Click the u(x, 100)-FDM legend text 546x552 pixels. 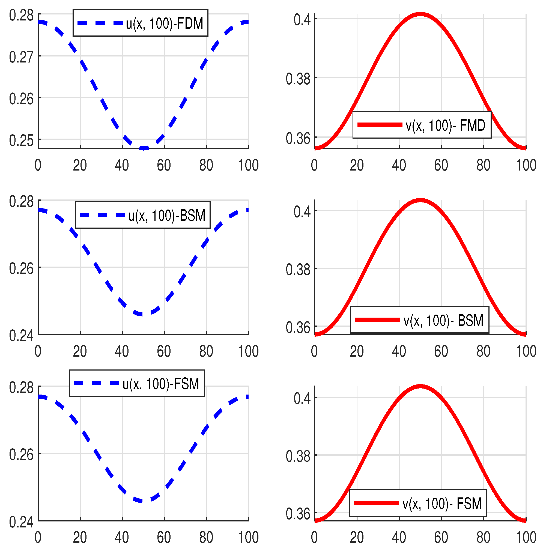tap(165, 23)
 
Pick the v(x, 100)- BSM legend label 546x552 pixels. tap(443, 320)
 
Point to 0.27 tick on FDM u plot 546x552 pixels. tap(21, 57)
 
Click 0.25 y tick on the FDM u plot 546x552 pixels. tap(21, 140)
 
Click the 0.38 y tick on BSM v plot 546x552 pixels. tap(298, 269)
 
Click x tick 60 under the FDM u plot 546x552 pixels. tap(164, 165)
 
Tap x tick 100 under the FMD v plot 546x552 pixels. tap(526, 165)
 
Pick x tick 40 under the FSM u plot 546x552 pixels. tap(122, 538)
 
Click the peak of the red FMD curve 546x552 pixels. tap(420, 14)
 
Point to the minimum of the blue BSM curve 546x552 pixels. tap(142, 315)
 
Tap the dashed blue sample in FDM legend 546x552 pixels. tap(100, 23)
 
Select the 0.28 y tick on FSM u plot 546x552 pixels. tap(21, 388)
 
